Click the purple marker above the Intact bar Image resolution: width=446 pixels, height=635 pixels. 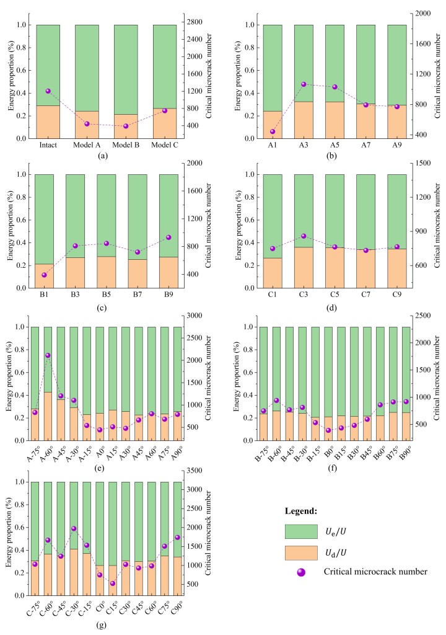[x=48, y=91]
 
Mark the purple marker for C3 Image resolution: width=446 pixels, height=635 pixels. [x=304, y=236]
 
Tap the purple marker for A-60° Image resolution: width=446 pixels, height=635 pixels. [x=48, y=355]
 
